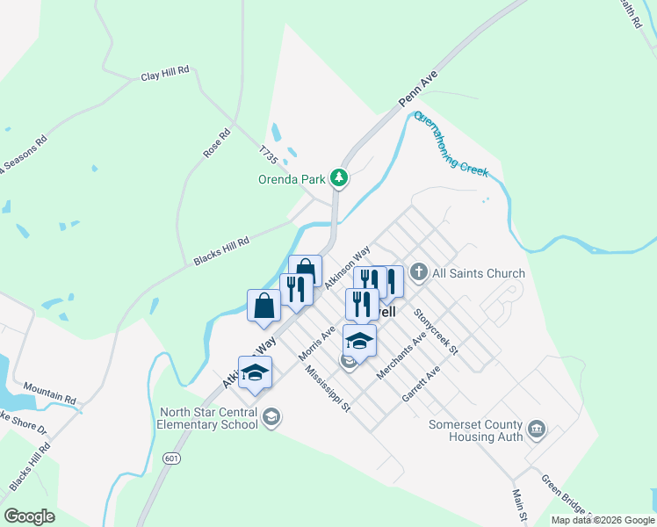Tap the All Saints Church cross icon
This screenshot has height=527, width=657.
(x=418, y=273)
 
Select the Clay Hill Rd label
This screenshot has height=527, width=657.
(x=165, y=76)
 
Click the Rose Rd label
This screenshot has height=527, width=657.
(x=216, y=143)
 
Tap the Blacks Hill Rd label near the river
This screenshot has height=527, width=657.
(x=221, y=251)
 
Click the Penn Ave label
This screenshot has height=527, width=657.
(x=417, y=90)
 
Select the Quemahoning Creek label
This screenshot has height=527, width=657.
(x=450, y=144)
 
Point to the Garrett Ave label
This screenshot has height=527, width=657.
(x=420, y=384)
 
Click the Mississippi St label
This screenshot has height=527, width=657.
(x=328, y=389)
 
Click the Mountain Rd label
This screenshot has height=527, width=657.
(x=49, y=393)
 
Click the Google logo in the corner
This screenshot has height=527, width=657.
(x=29, y=516)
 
